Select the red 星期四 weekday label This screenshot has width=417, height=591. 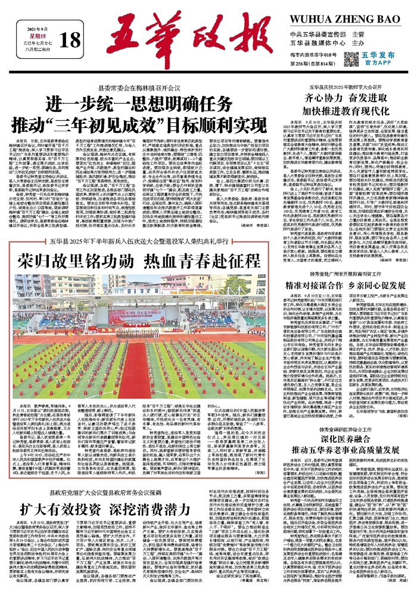click(42, 35)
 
